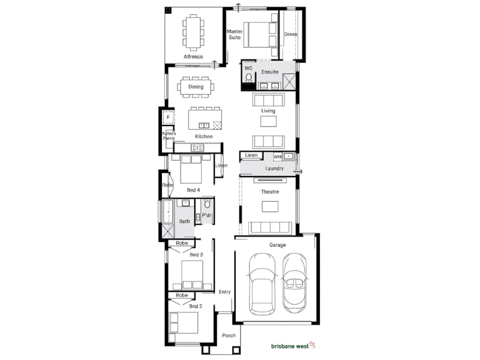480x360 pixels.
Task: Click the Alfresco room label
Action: [193, 56]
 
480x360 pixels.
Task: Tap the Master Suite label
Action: [235, 34]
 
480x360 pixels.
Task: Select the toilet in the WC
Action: [249, 77]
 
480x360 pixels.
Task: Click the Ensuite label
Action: [269, 72]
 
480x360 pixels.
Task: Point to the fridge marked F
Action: [168, 117]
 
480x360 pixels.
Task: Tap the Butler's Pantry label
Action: [169, 136]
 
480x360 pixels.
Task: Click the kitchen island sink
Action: [204, 125]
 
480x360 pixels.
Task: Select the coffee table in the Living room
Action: [268, 121]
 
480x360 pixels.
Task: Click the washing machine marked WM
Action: [277, 157]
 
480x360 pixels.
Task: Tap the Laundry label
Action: [274, 169]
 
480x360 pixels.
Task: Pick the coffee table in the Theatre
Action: [270, 206]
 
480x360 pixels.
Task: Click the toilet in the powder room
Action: [208, 203]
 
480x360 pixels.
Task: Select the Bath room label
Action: [184, 221]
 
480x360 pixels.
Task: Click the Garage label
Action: [277, 245]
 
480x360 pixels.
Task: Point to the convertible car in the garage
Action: [294, 283]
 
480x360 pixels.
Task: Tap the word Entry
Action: [224, 292]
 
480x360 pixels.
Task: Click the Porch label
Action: [229, 335]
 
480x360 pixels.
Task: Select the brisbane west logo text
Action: [290, 346]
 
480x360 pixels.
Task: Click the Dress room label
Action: [290, 34]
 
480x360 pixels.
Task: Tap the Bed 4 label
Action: [193, 190]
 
